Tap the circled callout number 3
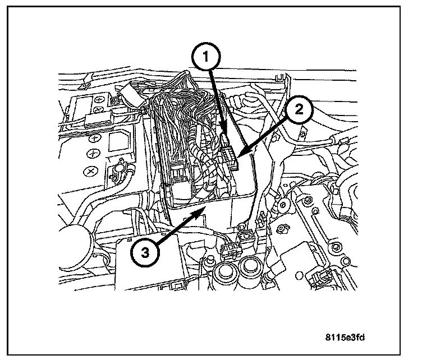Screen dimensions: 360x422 point(145,252)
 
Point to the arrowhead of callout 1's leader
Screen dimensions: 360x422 point(225,135)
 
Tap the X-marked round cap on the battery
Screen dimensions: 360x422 point(90,170)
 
